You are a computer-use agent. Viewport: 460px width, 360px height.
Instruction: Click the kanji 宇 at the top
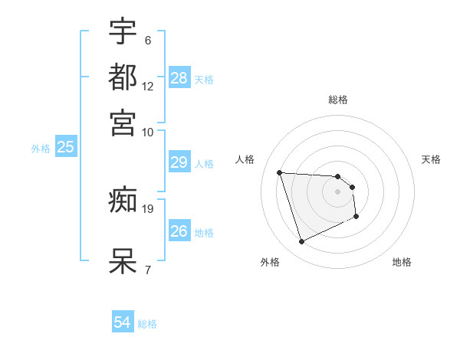[x=123, y=31]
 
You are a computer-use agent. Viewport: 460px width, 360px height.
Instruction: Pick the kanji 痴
[x=123, y=201]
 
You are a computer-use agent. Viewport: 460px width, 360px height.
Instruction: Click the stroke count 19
[x=148, y=208]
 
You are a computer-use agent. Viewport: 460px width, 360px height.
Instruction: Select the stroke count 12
[x=148, y=86]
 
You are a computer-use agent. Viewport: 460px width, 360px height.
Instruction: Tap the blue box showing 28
[x=179, y=77]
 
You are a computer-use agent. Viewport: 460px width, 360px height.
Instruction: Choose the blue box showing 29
[x=179, y=162]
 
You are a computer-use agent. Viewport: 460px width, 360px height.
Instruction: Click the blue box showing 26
[x=179, y=231]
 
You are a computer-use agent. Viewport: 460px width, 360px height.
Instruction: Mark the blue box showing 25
[x=65, y=147]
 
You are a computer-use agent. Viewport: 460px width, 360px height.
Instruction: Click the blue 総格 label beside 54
[x=147, y=324]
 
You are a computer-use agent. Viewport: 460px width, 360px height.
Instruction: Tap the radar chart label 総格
[x=338, y=100]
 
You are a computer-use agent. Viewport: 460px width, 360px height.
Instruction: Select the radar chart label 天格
[x=431, y=159]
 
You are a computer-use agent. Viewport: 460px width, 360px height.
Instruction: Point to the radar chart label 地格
[x=402, y=262]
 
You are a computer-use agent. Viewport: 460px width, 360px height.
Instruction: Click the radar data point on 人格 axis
[x=280, y=172]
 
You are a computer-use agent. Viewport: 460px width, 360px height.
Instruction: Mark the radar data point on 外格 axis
[x=301, y=242]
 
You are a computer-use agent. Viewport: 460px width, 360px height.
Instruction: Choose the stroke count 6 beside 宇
[x=147, y=40]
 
